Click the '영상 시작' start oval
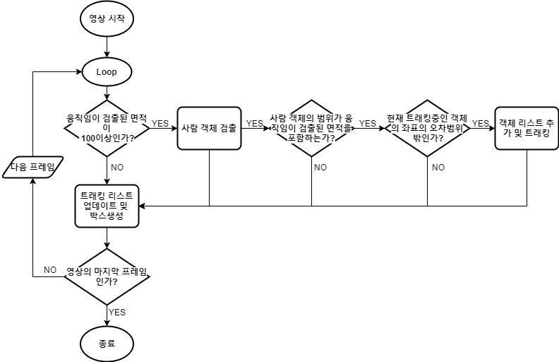106,19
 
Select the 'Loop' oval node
106,71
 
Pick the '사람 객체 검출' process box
209,128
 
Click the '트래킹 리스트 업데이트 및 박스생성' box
107,206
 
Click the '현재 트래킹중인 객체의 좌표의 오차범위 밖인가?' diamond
427,128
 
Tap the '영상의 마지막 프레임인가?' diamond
106,276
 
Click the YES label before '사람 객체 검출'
160,123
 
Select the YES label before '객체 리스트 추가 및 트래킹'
480,123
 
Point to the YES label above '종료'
118,312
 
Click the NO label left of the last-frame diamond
50,270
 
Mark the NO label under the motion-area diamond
118,168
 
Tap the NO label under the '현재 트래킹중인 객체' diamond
438,168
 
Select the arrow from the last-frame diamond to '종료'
106,315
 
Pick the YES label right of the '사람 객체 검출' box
253,123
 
